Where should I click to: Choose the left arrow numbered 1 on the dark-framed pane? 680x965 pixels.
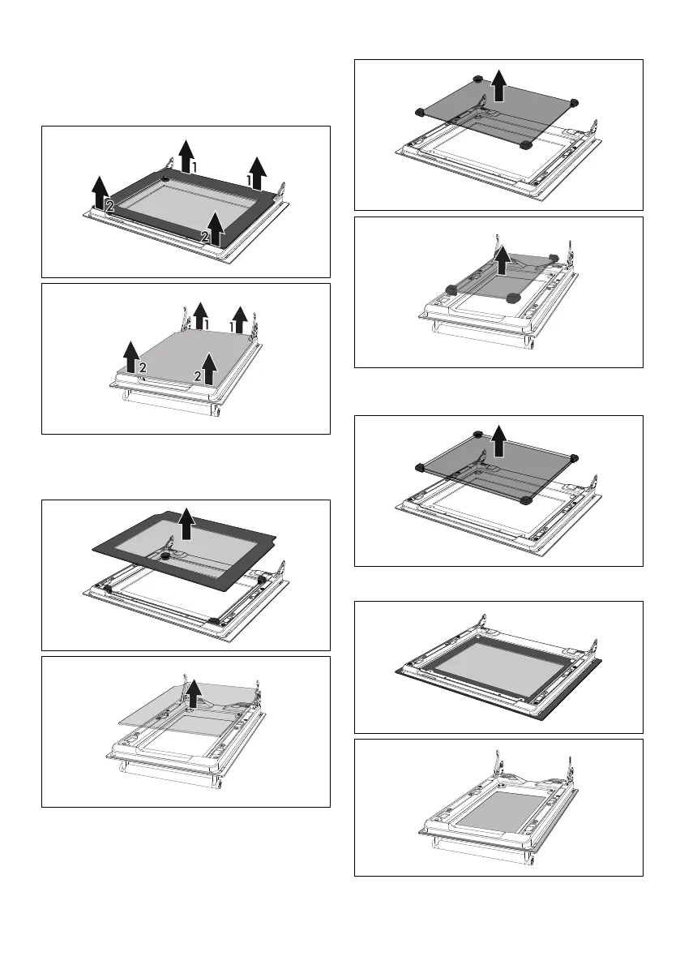[186, 154]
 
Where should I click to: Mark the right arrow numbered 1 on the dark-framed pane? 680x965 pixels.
[257, 171]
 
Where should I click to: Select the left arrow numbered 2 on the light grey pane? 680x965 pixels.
[129, 357]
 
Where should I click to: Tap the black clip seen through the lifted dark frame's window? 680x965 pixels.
[165, 559]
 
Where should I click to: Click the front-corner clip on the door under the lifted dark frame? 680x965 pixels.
[213, 620]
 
